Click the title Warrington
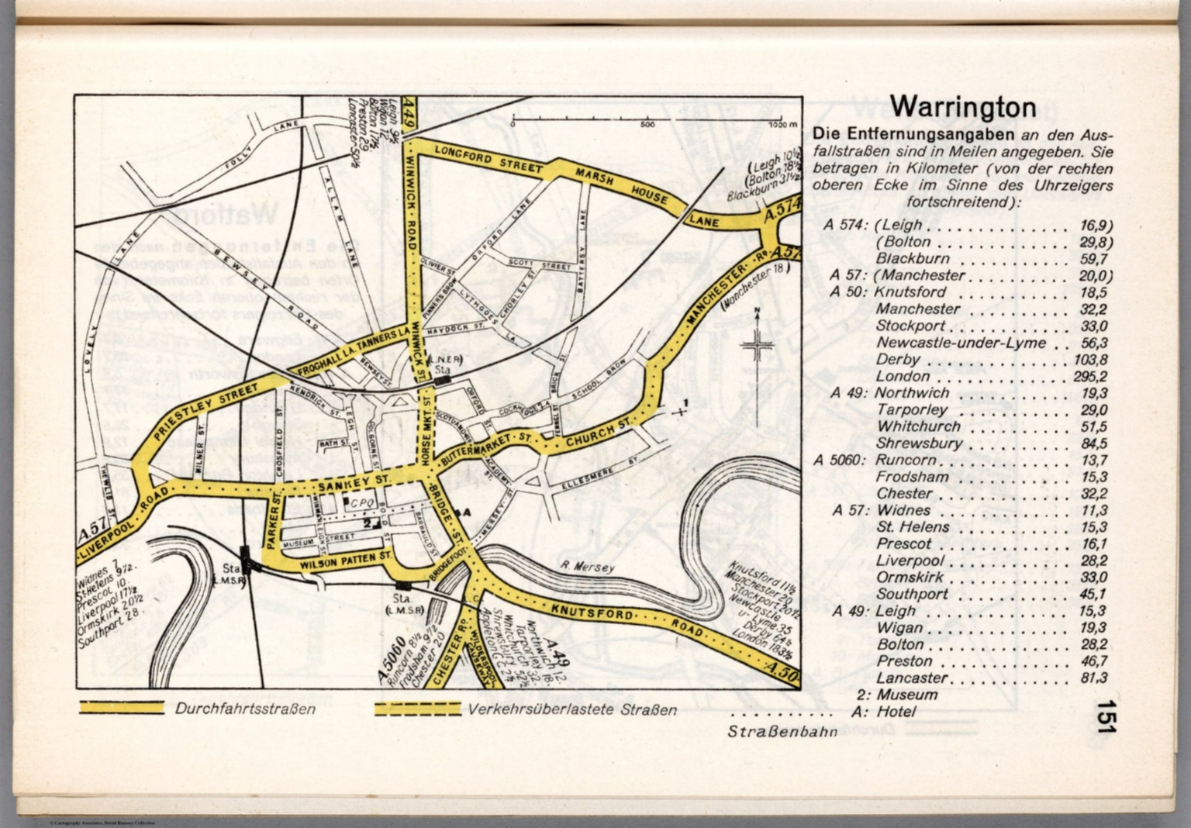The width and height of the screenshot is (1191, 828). [x=962, y=106]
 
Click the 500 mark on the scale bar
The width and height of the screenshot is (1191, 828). [x=647, y=124]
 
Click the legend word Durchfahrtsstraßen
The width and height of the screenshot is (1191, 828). [x=245, y=709]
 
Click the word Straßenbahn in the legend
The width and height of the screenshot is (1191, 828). [x=782, y=731]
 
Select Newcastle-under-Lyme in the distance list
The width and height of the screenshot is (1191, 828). [x=961, y=343]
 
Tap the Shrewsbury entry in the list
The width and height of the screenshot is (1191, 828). [x=919, y=443]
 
